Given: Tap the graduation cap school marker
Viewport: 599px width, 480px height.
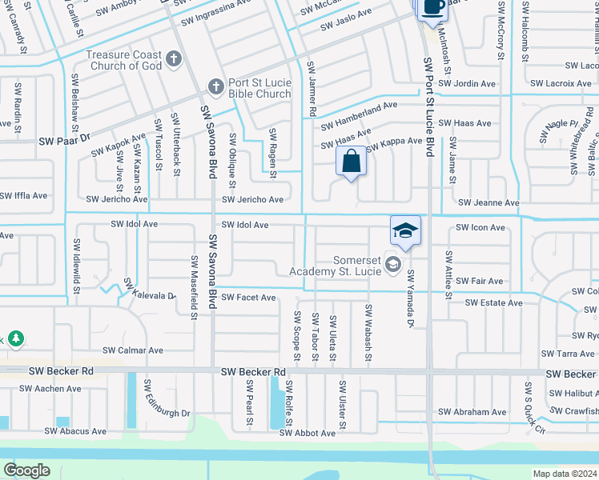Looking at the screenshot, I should click(x=406, y=231).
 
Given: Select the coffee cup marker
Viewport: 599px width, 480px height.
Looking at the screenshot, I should click(x=432, y=6).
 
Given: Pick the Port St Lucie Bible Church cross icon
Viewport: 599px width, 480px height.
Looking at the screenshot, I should click(x=215, y=86).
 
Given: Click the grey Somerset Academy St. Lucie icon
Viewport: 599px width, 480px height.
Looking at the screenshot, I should click(x=392, y=263).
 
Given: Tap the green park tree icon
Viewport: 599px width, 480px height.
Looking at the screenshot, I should click(x=15, y=339).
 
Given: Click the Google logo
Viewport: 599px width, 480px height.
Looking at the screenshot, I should click(x=27, y=470).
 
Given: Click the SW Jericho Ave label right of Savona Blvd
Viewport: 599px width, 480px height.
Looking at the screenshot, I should click(x=252, y=199).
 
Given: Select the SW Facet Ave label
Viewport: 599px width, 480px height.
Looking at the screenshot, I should click(x=248, y=298).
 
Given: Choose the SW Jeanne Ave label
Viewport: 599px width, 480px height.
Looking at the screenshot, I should click(x=486, y=204).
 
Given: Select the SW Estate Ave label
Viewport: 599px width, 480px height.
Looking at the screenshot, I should click(x=493, y=303).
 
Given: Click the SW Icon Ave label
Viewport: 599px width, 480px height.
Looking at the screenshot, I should click(x=480, y=228).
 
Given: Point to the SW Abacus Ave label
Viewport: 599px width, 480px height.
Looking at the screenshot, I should click(x=75, y=431).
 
